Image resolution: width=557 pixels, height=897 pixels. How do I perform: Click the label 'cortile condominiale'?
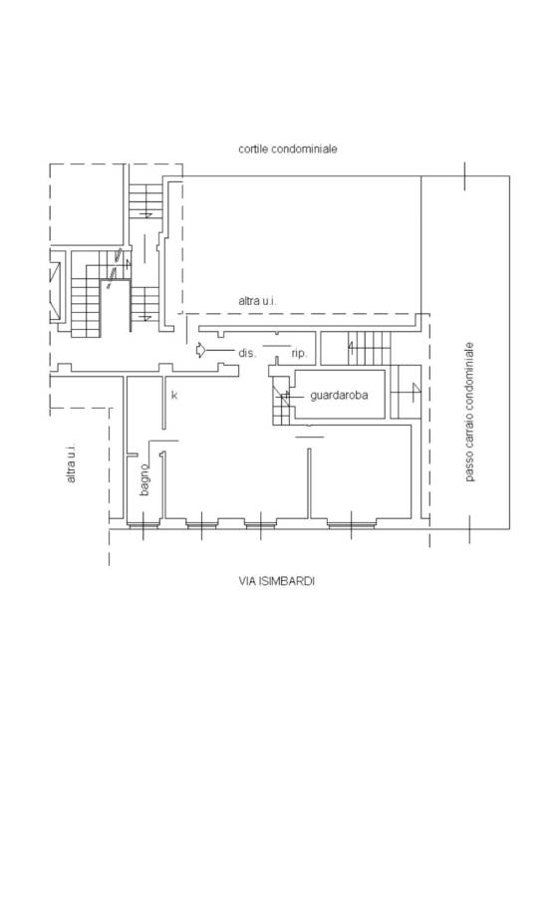click(x=288, y=149)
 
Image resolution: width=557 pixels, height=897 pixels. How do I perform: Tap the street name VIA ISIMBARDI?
click(x=277, y=581)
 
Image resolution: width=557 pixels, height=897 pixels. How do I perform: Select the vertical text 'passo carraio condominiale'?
click(x=469, y=412)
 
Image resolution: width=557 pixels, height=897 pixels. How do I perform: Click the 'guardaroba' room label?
click(x=339, y=396)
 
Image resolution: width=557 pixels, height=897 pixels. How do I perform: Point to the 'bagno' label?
click(x=144, y=479)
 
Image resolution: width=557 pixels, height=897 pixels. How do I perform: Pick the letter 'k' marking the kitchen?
click(x=174, y=395)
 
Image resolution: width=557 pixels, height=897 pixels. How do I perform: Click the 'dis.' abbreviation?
click(x=247, y=353)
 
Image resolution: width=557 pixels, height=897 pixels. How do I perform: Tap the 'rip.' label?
click(x=299, y=354)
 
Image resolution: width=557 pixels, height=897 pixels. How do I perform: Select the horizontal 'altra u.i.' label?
click(x=257, y=300)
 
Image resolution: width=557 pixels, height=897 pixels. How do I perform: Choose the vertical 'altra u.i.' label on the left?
click(x=71, y=463)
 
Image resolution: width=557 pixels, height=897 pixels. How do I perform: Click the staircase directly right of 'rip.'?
click(x=369, y=347)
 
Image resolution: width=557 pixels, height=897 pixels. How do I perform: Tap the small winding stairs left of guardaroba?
click(x=281, y=401)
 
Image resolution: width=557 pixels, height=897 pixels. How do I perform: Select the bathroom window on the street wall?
click(x=142, y=524)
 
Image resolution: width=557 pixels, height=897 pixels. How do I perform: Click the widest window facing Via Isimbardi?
click(x=351, y=523)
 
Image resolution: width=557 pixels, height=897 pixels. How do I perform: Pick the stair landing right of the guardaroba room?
click(x=406, y=392)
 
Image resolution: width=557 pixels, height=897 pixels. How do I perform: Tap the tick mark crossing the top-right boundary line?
click(x=464, y=175)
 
